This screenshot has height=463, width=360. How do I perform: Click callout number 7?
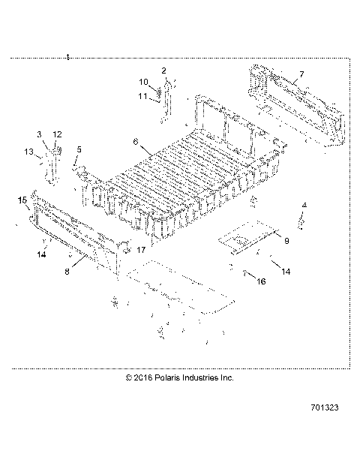click(301, 74)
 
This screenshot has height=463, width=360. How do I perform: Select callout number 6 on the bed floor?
click(136, 140)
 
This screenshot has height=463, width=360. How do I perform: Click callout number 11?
click(143, 95)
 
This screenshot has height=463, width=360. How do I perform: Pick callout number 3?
click(40, 134)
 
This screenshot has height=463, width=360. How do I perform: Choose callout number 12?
click(57, 134)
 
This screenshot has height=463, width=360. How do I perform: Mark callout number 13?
click(28, 152)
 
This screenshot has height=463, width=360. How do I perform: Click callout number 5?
click(79, 149)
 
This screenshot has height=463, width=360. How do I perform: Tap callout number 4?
click(304, 205)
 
